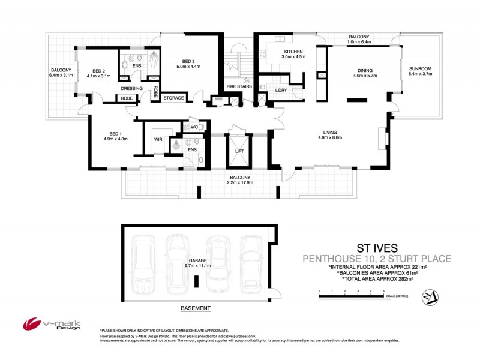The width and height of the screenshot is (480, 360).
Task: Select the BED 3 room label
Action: (188, 61)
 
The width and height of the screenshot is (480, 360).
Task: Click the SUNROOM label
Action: (420, 68)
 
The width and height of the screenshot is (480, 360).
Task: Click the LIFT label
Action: (239, 151)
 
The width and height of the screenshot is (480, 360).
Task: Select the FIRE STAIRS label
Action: (238, 87)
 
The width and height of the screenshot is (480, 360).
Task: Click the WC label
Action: (194, 127)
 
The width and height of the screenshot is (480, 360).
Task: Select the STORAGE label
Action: (173, 98)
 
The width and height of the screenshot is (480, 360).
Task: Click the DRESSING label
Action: (131, 88)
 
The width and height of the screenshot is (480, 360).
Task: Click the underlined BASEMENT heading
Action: (196, 308)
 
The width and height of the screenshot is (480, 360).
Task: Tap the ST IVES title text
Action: (377, 247)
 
